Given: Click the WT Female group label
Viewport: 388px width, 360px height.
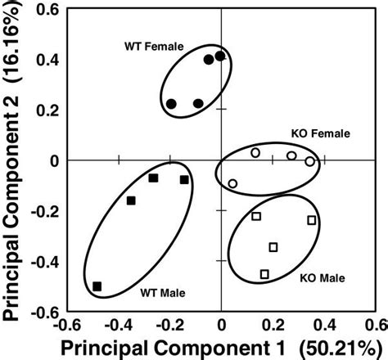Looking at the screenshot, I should (x=155, y=47).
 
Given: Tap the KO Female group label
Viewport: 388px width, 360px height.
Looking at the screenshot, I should (x=321, y=133).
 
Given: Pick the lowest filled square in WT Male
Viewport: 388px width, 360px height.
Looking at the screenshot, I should (x=97, y=286).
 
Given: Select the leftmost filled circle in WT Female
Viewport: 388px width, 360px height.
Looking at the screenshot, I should (x=171, y=104).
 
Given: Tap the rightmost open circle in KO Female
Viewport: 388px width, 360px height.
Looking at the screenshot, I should (x=310, y=162).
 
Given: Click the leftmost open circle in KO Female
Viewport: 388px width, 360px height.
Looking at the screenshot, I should (x=232, y=183).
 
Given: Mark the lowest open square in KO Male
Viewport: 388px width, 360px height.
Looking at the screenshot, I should (x=264, y=274).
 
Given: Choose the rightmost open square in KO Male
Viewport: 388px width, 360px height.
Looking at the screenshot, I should (x=312, y=220).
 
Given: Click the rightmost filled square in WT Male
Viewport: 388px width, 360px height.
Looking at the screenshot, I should (x=184, y=179).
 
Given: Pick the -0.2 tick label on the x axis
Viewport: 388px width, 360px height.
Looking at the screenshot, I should (x=167, y=325).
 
